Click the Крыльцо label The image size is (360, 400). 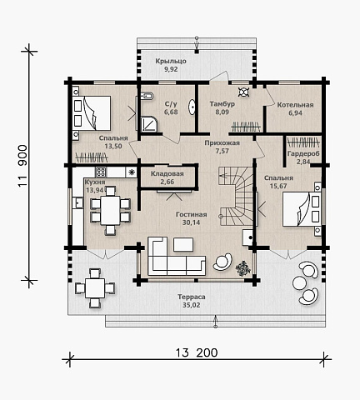171,61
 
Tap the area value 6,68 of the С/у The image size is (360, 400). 171,112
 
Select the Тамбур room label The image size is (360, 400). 222,104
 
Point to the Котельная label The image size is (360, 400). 295,105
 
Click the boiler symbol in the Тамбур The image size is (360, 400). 243,92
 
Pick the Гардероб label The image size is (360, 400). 303,153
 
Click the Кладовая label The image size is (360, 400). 167,174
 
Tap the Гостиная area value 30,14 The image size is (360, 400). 192,222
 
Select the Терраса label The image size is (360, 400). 192,297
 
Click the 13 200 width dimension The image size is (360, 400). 197,352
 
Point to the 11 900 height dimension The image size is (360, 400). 23,166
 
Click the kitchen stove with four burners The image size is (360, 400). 101,172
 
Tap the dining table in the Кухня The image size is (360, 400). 110,210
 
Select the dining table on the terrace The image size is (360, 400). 95,288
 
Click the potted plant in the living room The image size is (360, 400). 243,268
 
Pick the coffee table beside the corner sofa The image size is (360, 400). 183,244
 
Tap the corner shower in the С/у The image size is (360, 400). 149,124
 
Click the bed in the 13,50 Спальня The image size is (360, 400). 92,113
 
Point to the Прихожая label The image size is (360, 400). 222,143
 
